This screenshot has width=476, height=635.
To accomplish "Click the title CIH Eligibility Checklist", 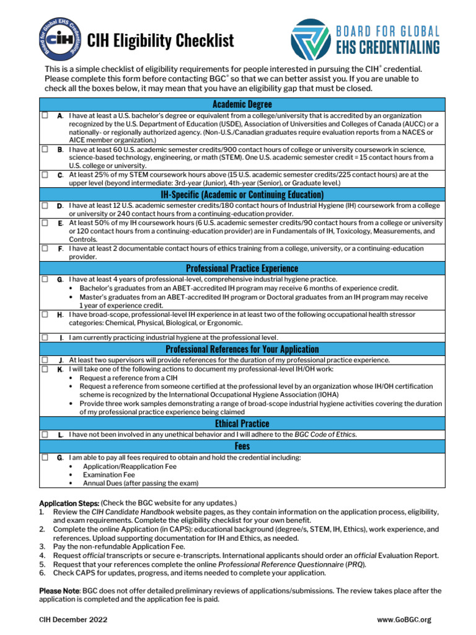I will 161,41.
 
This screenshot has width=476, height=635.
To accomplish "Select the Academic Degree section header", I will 242,104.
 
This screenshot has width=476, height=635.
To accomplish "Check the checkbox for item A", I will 45,115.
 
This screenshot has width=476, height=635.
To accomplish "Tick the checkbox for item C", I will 45,175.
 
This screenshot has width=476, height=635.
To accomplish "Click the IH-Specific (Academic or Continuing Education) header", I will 242,194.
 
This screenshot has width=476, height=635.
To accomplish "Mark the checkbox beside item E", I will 45,222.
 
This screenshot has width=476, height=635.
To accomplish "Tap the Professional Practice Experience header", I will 242,268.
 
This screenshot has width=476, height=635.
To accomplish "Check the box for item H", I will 45,314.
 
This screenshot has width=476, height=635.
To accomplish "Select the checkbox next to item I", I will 45,337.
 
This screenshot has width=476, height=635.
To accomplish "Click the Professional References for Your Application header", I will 242,349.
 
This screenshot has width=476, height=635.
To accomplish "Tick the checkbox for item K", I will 45,369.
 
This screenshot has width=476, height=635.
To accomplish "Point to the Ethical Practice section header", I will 242,423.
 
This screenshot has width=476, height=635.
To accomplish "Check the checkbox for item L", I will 45,435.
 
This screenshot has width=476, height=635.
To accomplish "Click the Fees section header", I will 242,446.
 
